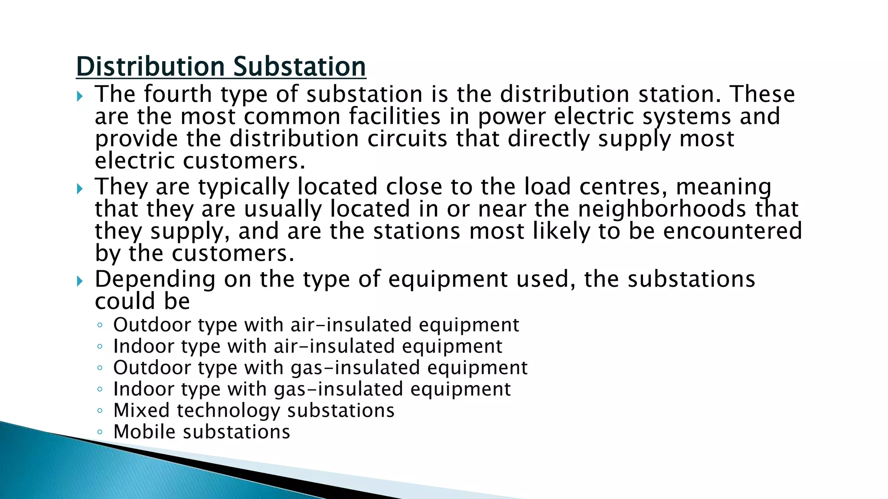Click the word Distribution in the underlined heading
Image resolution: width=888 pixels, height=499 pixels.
pos(150,67)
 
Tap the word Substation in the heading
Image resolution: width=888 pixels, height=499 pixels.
pos(299,67)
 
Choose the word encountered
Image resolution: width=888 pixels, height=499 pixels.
pos(733,231)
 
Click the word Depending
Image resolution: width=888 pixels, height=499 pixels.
pos(155,279)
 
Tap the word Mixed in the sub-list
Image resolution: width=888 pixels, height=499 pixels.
pos(141,410)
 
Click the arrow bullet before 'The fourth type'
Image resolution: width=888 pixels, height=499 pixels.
pos(79,96)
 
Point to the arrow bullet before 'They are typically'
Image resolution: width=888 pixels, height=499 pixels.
pos(79,188)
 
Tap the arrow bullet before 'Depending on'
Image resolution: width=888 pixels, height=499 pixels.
pos(79,281)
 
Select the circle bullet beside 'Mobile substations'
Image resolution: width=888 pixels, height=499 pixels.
pos(100,432)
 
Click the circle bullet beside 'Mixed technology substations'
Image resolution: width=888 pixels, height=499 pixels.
pos(100,410)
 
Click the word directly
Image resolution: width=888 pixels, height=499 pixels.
pos(548,139)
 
